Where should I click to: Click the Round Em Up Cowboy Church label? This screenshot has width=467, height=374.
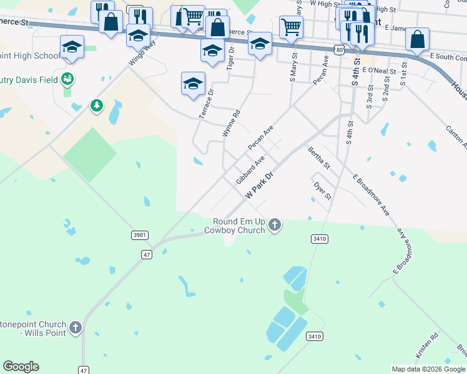click(239, 226)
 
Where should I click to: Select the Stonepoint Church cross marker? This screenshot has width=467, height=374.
click(75, 327)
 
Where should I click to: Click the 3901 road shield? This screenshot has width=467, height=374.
click(140, 235)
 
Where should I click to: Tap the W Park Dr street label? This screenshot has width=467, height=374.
click(260, 186)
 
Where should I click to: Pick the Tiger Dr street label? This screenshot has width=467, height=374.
click(230, 57)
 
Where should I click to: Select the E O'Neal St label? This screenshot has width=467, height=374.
click(378, 71)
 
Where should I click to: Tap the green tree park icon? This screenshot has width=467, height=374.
click(96, 105)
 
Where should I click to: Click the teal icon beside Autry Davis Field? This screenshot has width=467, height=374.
click(67, 79)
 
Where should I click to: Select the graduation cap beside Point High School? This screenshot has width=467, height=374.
click(72, 47)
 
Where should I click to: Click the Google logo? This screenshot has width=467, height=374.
click(21, 367)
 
